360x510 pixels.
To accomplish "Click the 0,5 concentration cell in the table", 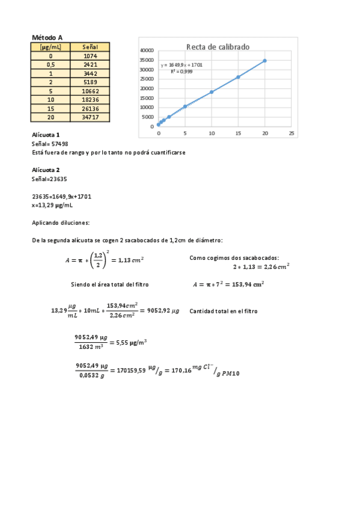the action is (x=50, y=64).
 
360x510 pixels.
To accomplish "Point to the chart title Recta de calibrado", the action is (x=218, y=46).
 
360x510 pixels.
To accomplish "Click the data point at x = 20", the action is (x=264, y=61).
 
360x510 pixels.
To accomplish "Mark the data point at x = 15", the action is (x=238, y=77).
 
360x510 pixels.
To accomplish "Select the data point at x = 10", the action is (x=212, y=92).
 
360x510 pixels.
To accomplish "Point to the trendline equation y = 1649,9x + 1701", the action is (x=182, y=64).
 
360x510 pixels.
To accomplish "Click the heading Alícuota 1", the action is (x=46, y=135).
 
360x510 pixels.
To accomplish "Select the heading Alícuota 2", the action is (x=46, y=170).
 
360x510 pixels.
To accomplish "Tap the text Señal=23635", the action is (x=49, y=179).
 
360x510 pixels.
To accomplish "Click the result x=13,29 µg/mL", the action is (x=52, y=205).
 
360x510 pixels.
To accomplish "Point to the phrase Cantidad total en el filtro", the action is (x=223, y=312).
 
